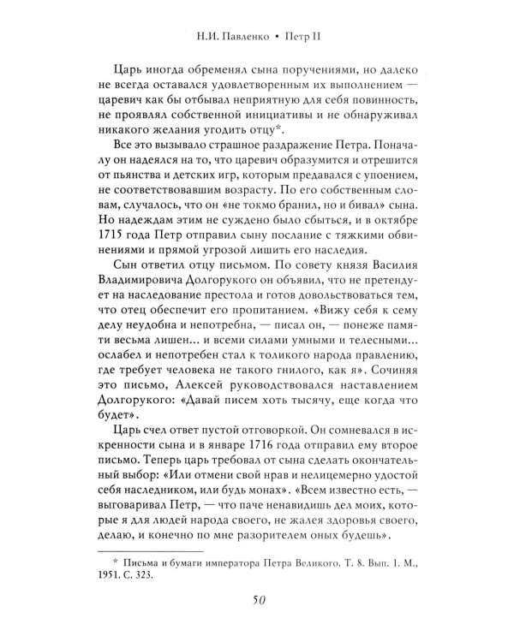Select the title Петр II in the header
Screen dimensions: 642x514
click(306, 36)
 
